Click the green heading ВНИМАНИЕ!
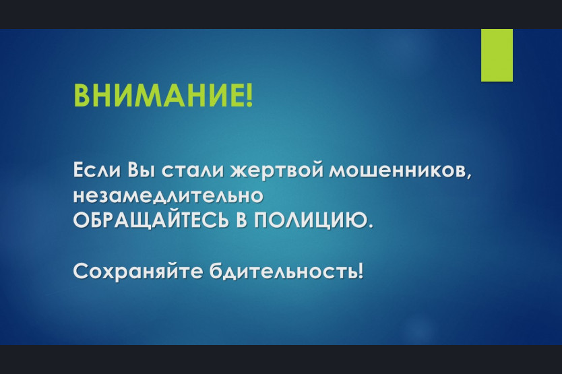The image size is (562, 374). [x=163, y=96]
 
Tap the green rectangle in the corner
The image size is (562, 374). [x=497, y=55]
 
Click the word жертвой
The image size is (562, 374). [x=276, y=170]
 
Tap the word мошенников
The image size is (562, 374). [x=397, y=170]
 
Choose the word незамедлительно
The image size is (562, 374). [x=168, y=196]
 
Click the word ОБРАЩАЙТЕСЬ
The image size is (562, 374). [x=151, y=220]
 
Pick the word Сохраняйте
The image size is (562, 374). [x=138, y=272]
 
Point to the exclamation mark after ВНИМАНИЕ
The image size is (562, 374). [x=250, y=96]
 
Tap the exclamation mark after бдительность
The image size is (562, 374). [x=361, y=272]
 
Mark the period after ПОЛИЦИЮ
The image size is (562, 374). [x=370, y=226]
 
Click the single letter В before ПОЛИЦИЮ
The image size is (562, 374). [x=242, y=220]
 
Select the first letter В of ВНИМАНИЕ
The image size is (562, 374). [x=81, y=96]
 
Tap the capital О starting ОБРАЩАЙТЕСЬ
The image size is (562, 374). [x=82, y=220]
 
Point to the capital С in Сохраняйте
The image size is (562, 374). [x=81, y=272]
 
